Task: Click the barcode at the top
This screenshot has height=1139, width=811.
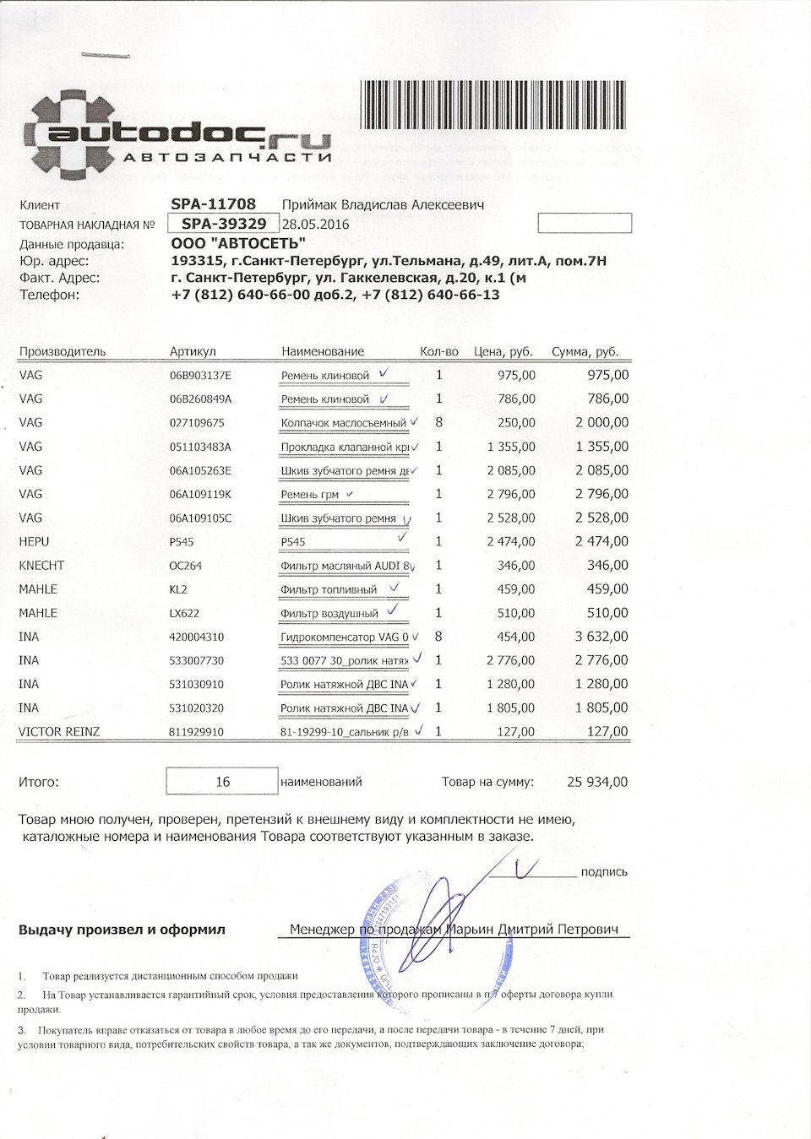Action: pyautogui.click(x=493, y=105)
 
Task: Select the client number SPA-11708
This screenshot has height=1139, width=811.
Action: pyautogui.click(x=213, y=204)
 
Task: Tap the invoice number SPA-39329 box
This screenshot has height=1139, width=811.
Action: pyautogui.click(x=224, y=224)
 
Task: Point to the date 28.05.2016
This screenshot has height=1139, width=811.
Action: pyautogui.click(x=315, y=225)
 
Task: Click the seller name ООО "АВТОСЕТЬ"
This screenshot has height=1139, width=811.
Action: pyautogui.click(x=238, y=244)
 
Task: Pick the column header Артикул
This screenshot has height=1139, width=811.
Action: pyautogui.click(x=193, y=351)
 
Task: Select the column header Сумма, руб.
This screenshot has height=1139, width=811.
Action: pyautogui.click(x=585, y=351)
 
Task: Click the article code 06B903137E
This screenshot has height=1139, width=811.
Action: pyautogui.click(x=200, y=376)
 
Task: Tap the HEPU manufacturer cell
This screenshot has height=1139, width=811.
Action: pyautogui.click(x=34, y=542)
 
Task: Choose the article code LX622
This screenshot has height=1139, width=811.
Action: pyautogui.click(x=184, y=613)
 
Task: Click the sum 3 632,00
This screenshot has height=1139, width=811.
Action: pyautogui.click(x=601, y=637)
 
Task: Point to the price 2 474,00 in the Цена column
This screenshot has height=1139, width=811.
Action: pyautogui.click(x=510, y=542)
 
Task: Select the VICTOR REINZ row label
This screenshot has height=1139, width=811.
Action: pyautogui.click(x=59, y=732)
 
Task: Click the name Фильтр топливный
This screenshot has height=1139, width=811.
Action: pyautogui.click(x=329, y=589)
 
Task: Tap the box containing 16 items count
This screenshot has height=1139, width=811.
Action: pyautogui.click(x=222, y=781)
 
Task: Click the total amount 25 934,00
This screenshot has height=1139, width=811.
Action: pyautogui.click(x=597, y=782)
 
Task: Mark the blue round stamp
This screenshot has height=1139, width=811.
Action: pyautogui.click(x=435, y=937)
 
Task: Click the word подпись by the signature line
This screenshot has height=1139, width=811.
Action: pyautogui.click(x=604, y=872)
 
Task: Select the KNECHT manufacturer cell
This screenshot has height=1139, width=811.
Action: pyautogui.click(x=41, y=566)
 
